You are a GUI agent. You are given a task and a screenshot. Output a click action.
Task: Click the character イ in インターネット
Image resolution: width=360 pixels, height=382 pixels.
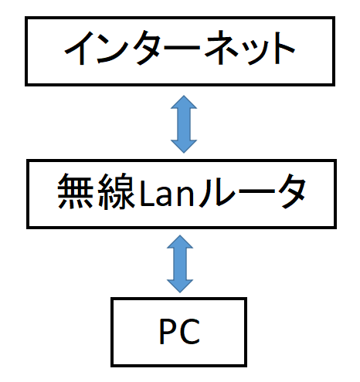coord(80,48)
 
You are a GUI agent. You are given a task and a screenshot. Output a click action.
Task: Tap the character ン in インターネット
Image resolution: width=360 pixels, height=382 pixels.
coord(114,48)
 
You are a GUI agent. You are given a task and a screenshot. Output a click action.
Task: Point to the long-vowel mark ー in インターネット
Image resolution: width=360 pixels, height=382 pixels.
coord(184,48)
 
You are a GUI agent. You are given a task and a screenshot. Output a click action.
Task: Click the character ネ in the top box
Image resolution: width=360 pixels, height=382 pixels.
coord(221,48)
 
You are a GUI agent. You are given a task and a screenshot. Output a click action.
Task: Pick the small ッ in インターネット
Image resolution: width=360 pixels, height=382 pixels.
coord(253,52)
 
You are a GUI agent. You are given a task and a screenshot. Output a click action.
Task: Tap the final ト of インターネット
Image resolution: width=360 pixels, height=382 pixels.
coord(284,48)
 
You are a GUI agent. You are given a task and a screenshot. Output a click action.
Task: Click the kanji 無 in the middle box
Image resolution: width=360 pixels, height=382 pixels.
coord(75,191)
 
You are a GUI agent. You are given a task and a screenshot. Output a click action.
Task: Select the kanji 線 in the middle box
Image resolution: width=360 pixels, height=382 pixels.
coord(117,191)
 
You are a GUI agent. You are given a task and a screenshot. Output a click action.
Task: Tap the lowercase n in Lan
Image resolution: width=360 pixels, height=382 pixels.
coord(185,196)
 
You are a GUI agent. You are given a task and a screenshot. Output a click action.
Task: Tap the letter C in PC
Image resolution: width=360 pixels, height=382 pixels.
coord(190,331)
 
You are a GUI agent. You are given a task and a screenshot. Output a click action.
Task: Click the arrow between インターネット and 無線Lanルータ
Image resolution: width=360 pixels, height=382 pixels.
coord(184,124)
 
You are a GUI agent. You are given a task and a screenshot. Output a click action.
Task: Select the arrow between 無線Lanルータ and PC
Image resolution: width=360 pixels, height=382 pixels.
coord(180,264)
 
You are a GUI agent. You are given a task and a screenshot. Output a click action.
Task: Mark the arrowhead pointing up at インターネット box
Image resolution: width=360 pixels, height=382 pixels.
coord(184,102)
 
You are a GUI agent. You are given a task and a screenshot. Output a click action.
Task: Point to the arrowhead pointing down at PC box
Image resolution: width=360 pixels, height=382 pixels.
coord(180,286)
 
